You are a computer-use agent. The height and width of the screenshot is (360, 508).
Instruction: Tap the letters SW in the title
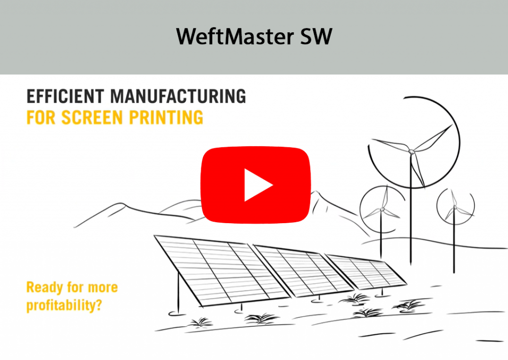tap(316, 37)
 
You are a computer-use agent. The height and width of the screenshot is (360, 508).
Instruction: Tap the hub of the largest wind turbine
tap(411, 151)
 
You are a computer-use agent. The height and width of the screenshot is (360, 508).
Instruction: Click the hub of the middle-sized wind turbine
tap(382, 209)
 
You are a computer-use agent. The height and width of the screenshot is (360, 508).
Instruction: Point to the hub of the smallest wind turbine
tap(454, 206)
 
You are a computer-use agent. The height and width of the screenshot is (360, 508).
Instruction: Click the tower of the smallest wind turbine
tap(454, 243)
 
